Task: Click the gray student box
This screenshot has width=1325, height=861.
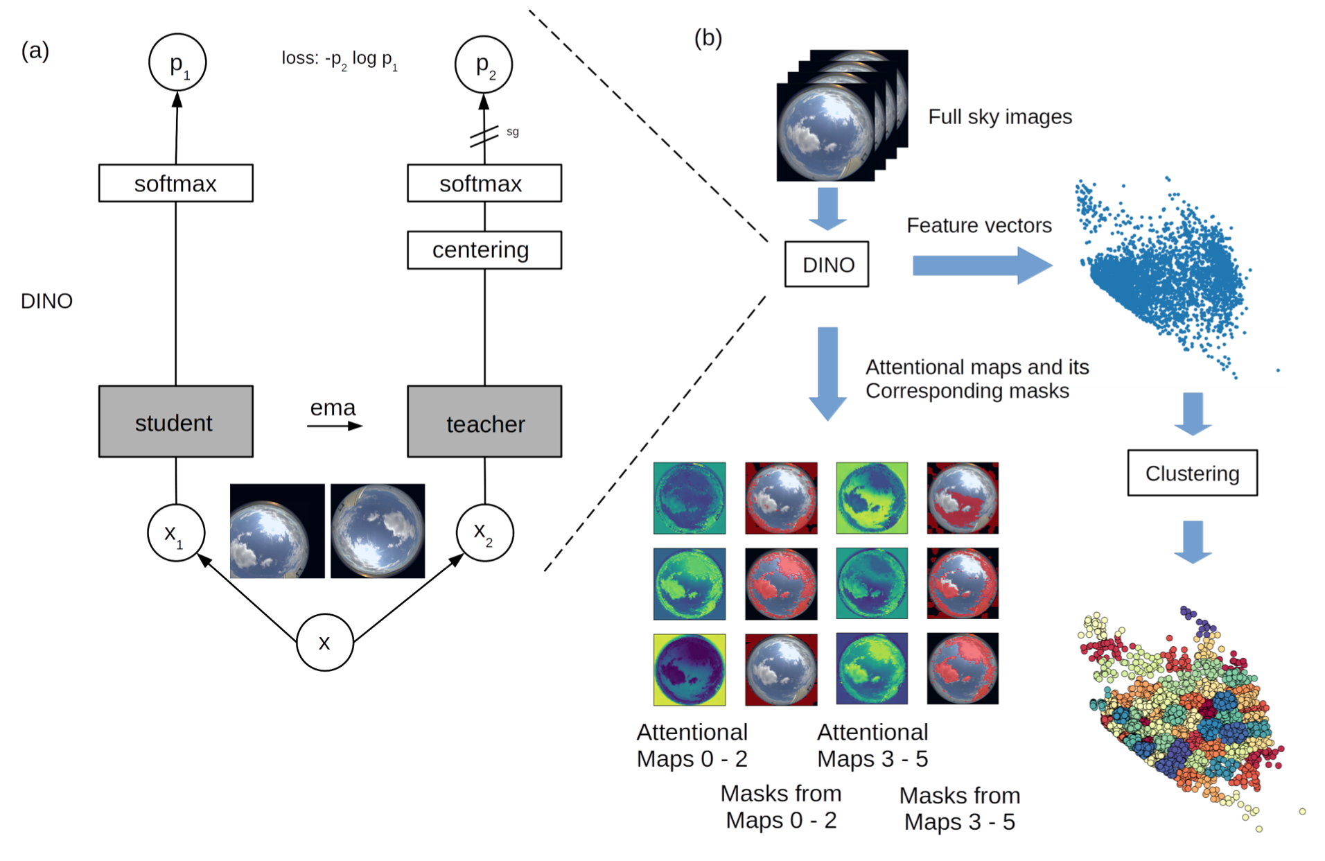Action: click(175, 421)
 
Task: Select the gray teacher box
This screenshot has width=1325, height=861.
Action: click(484, 421)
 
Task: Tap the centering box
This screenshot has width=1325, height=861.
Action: click(484, 250)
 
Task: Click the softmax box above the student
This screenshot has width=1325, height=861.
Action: click(175, 183)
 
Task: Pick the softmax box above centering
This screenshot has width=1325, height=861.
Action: click(484, 183)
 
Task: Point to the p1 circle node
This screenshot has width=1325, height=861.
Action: click(177, 62)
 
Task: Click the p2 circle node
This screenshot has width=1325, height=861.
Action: click(484, 64)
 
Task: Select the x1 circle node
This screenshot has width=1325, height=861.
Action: click(176, 533)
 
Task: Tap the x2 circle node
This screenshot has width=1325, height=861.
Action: click(484, 533)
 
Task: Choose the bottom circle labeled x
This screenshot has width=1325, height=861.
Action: click(324, 643)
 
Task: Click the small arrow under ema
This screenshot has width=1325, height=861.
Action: click(335, 426)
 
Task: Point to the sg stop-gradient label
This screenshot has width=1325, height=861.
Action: click(513, 132)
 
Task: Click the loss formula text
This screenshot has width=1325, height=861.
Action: click(340, 59)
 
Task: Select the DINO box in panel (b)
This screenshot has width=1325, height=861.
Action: click(827, 264)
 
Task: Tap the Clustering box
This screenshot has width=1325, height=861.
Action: click(1192, 473)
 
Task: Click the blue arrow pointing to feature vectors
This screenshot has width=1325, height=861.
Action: click(981, 266)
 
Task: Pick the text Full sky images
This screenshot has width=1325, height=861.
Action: click(1000, 116)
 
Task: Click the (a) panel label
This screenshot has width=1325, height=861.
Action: click(35, 50)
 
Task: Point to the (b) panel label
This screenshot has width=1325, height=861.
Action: click(708, 37)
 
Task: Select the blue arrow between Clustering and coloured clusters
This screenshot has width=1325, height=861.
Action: click(1193, 541)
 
